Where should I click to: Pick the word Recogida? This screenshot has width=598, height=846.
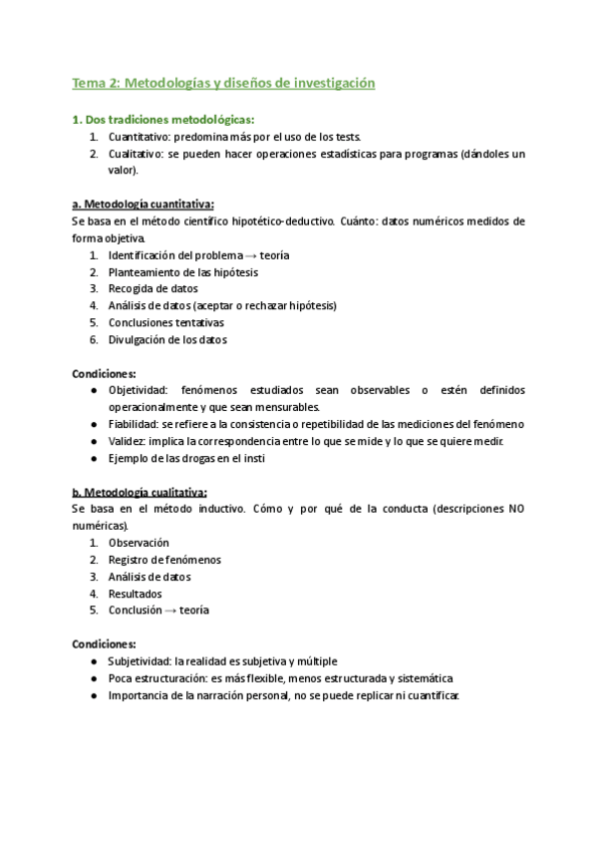pos(132,289)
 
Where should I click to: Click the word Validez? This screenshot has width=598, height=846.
pos(127,441)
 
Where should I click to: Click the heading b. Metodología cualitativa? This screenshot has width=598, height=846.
pos(140,492)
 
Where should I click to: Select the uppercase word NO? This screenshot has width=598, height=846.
pos(516,509)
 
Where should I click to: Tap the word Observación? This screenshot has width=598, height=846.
pos(139,543)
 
